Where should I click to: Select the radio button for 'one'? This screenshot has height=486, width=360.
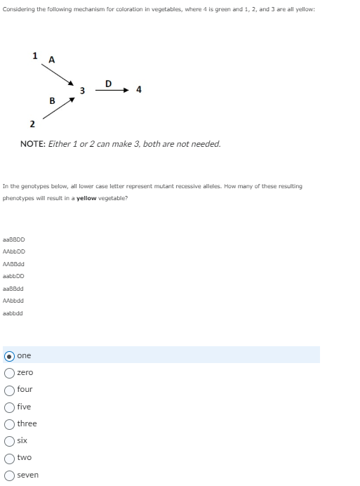(x=10, y=355)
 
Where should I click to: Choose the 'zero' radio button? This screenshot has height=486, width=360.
(x=10, y=372)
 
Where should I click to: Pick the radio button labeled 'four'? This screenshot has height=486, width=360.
(x=10, y=389)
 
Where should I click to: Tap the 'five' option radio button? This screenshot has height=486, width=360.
(x=10, y=407)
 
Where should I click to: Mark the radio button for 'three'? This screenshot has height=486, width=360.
(x=10, y=423)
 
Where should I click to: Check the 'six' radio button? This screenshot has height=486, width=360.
(x=10, y=440)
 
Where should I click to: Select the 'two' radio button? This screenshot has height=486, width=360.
(x=10, y=457)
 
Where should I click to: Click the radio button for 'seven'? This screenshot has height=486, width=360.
(x=10, y=475)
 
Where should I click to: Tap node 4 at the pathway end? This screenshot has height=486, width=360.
(x=139, y=90)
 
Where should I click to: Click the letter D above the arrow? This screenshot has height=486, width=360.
(x=107, y=83)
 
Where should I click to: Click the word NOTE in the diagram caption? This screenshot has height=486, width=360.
(x=33, y=144)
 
